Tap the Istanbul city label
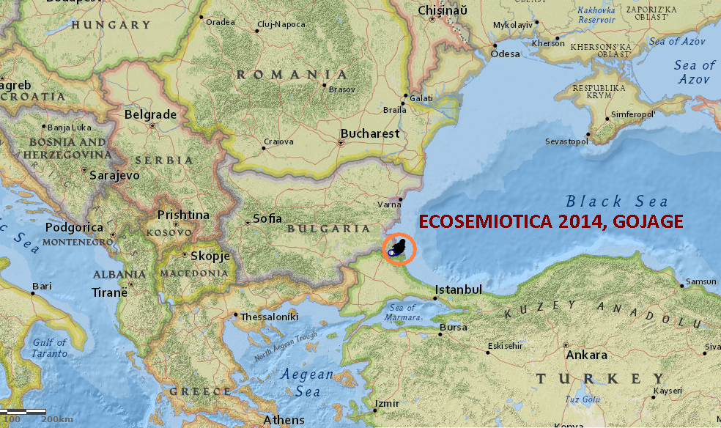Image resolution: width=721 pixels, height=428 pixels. (x=459, y=290)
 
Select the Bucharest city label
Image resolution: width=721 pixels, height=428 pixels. (x=370, y=133)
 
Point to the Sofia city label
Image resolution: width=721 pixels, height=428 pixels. (x=267, y=218)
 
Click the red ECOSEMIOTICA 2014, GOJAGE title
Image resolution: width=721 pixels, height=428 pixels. (x=550, y=221)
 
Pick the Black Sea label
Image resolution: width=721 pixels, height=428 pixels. (x=617, y=202)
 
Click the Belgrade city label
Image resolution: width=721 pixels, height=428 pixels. (x=150, y=114)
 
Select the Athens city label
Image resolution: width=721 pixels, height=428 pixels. (x=284, y=420)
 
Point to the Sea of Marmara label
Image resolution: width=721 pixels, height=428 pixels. (x=403, y=312)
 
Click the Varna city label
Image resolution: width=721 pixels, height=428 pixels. (x=388, y=204)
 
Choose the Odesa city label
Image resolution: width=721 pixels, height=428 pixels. (x=505, y=53)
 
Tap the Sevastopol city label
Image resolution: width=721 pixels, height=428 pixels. (x=566, y=141)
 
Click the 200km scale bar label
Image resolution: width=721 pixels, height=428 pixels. (x=57, y=418)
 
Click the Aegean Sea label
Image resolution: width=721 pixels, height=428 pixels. (x=308, y=383)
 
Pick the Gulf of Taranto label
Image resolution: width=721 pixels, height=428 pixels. (x=50, y=347)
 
